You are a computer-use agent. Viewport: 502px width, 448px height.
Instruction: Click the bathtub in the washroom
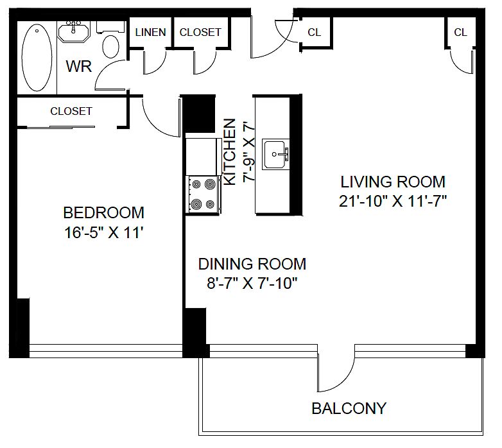(37, 58)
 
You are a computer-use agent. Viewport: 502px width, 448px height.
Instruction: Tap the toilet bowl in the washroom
(111, 47)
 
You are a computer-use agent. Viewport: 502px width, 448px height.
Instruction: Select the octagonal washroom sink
(74, 31)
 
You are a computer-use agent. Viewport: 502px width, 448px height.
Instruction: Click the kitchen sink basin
(273, 155)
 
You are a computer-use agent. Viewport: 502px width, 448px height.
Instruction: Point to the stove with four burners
(203, 194)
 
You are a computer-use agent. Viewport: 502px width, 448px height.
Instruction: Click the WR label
(79, 66)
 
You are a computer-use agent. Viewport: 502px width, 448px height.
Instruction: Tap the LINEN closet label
(150, 32)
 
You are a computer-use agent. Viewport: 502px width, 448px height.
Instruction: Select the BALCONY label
(349, 409)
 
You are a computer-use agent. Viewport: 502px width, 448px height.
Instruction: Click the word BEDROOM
(104, 213)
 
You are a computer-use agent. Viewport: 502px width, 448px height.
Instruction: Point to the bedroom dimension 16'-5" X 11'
(103, 232)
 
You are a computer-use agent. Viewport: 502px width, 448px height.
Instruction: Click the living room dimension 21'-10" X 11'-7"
(393, 202)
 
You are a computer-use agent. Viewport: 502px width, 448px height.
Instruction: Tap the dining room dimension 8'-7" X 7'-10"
(252, 284)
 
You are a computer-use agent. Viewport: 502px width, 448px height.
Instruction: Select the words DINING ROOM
(252, 264)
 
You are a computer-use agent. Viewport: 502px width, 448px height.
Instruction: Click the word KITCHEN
(230, 152)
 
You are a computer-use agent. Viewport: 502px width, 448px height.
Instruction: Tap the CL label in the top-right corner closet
(460, 32)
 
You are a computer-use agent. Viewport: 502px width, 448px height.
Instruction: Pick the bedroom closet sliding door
(60, 127)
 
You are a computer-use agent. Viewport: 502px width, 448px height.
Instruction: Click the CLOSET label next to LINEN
(200, 32)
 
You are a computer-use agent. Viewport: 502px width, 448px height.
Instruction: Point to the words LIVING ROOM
(393, 182)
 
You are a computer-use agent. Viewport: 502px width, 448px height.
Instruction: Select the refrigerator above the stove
(204, 157)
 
